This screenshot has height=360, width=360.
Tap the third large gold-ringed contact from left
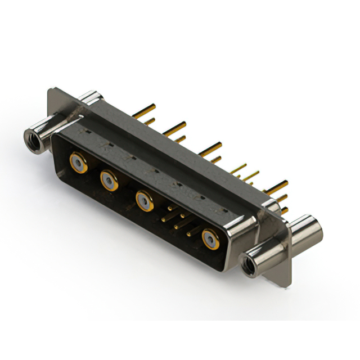coord(143,200)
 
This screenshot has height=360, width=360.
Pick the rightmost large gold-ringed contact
coord(211,238)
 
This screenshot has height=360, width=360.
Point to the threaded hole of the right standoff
coord(247,263)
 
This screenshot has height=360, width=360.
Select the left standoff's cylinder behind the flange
coord(90,101)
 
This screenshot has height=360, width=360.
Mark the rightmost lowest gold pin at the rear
coord(284,210)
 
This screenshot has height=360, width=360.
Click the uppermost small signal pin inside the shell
coord(171,208)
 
